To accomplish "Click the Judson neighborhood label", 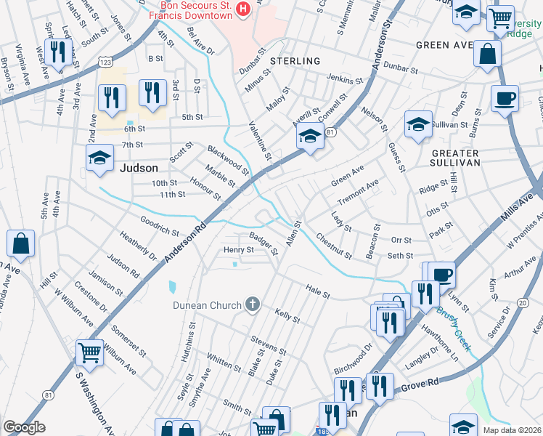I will click(137, 168).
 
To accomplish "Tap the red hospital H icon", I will click(243, 8).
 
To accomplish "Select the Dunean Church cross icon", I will click(253, 304).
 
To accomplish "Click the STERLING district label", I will click(295, 61).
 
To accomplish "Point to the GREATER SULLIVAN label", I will click(455, 158).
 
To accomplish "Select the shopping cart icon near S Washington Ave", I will click(89, 353).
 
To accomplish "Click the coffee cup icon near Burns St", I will click(505, 98).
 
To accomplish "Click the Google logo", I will click(24, 427).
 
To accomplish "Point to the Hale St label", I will click(317, 291).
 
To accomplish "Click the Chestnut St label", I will click(334, 246).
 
